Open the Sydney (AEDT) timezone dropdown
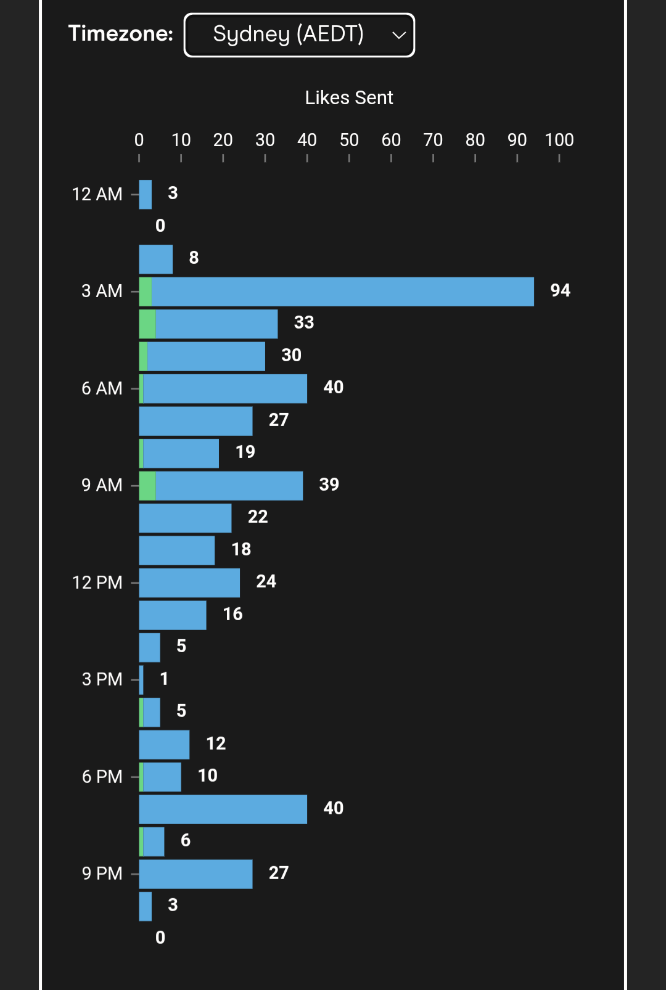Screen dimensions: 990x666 click(299, 35)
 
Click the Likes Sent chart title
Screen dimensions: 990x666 click(349, 97)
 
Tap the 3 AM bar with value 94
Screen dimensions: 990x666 click(342, 292)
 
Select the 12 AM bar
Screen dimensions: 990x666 click(146, 195)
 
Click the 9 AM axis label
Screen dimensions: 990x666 click(102, 485)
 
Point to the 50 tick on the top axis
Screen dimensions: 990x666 click(349, 141)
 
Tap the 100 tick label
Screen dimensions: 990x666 click(559, 141)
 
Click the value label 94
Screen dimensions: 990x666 click(560, 290)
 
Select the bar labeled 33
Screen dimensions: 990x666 click(216, 324)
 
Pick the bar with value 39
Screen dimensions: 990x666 click(229, 486)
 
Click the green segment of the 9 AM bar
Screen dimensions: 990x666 click(147, 486)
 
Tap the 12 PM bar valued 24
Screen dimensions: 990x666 click(189, 583)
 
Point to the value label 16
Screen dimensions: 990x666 click(232, 614)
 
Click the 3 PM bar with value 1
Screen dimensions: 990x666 click(141, 680)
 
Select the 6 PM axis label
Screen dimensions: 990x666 click(102, 777)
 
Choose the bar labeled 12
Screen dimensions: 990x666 click(164, 745)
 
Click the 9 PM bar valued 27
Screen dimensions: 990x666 click(195, 874)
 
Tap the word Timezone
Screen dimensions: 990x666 click(120, 33)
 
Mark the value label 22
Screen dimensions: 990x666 click(258, 517)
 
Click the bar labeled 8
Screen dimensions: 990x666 click(155, 260)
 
